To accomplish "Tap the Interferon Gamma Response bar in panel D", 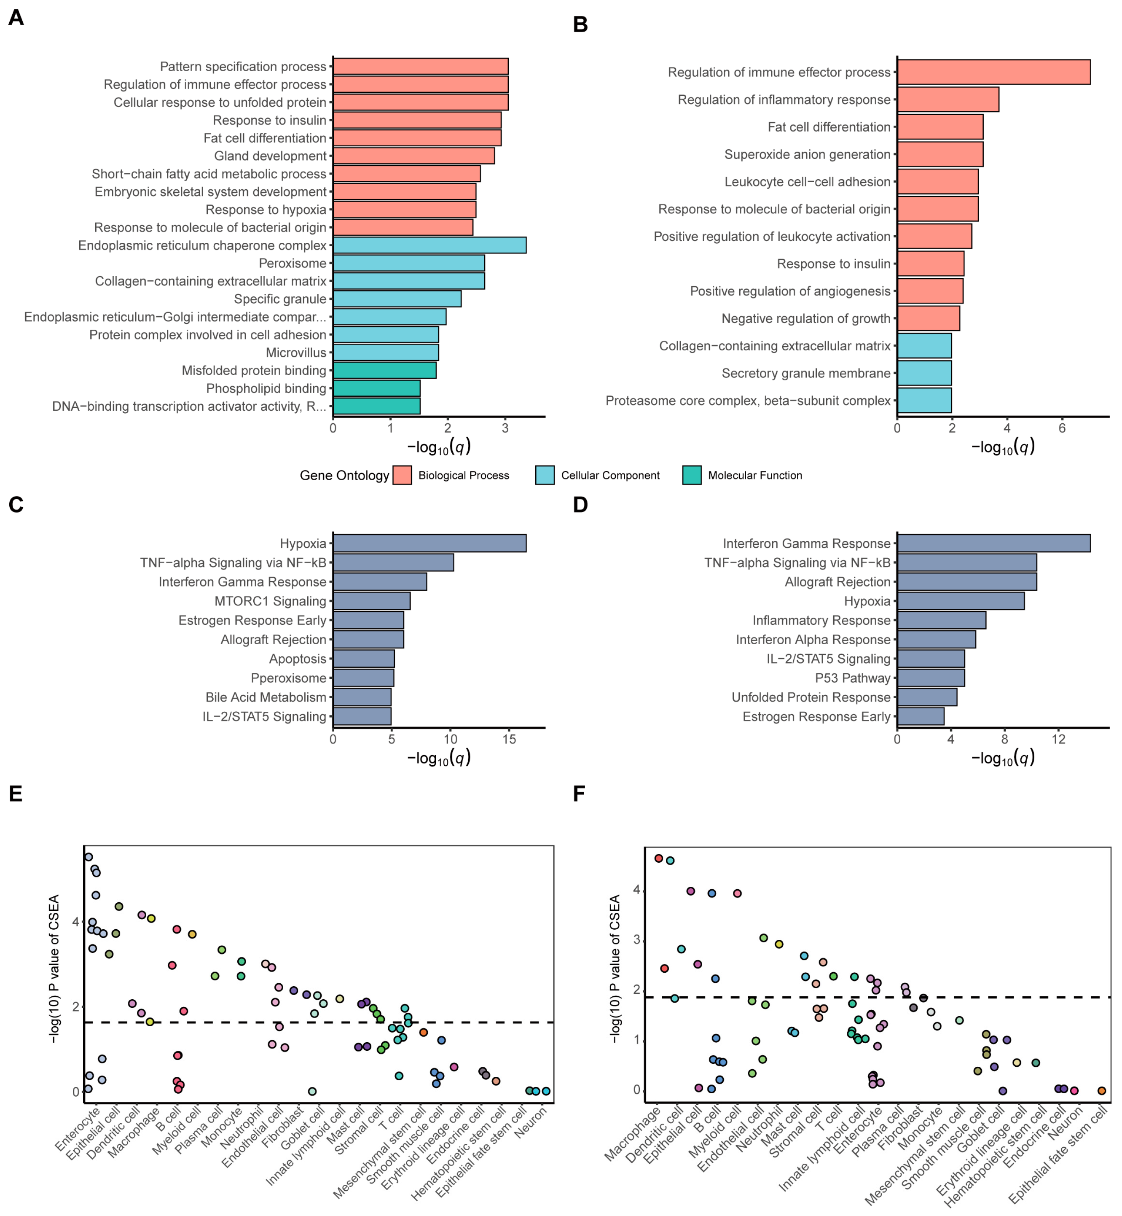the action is [993, 543].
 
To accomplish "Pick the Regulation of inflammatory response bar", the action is [948, 100].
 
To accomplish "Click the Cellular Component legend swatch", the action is [545, 475].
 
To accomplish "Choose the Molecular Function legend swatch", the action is [692, 475].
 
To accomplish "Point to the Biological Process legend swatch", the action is [402, 475].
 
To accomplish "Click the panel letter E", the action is [15, 794].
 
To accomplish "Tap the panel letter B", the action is [580, 24].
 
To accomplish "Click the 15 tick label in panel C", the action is [509, 739].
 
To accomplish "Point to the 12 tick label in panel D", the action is [1058, 739].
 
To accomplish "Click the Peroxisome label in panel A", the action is [292, 263].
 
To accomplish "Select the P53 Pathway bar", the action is [931, 678].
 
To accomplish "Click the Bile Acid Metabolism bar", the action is [362, 697].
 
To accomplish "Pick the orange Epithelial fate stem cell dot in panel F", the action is [1102, 1091].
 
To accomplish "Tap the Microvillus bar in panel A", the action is [386, 352].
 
